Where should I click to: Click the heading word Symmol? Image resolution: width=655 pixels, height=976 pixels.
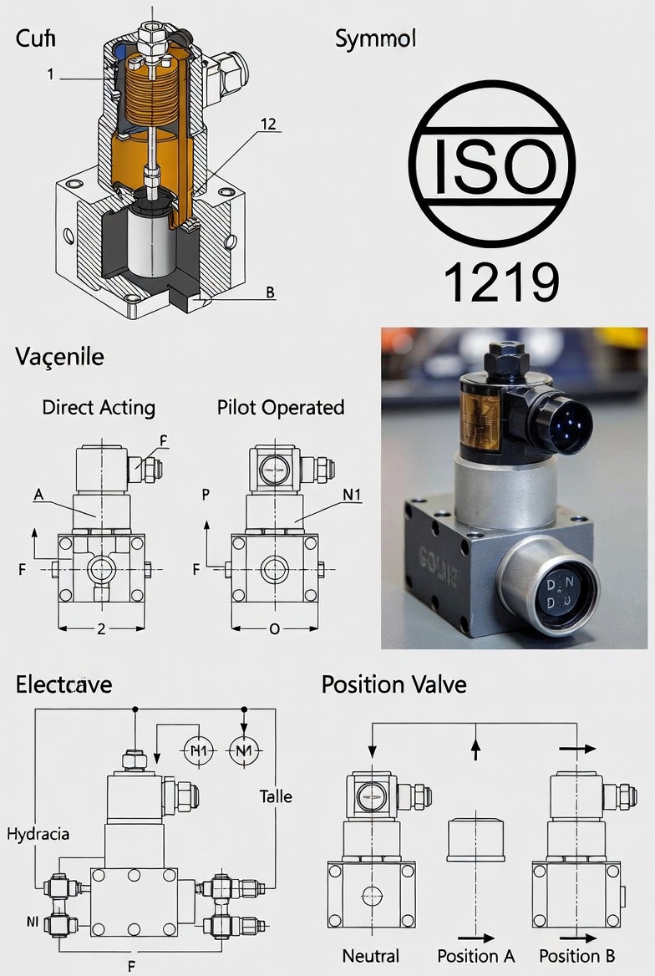point(375,38)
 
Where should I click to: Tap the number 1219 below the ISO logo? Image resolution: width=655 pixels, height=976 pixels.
point(500,282)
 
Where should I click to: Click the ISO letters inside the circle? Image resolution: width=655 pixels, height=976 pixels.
point(492,165)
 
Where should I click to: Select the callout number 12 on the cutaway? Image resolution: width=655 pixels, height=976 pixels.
point(268,125)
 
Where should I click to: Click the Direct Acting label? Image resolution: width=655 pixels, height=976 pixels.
point(99,408)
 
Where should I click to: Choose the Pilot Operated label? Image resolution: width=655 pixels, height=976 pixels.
point(281,408)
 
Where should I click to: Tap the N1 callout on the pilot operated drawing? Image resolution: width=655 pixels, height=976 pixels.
point(353,494)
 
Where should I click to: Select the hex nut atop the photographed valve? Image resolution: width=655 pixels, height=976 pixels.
point(505,358)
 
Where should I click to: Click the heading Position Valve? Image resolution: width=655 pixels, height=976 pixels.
point(394,685)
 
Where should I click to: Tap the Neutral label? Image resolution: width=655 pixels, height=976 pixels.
point(370,956)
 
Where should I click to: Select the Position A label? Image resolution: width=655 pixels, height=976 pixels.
point(476,956)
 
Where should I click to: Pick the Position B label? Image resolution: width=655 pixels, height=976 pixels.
point(577,956)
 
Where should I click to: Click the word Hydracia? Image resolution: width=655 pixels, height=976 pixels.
point(38,834)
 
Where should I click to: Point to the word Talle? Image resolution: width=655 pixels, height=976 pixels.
point(276,796)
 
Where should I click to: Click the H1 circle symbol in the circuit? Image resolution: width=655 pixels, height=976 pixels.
point(199,750)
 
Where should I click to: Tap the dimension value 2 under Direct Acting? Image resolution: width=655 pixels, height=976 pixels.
point(101,629)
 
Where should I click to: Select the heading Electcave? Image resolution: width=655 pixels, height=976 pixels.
point(63,685)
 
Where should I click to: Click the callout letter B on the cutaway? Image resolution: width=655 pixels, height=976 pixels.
point(270,292)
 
